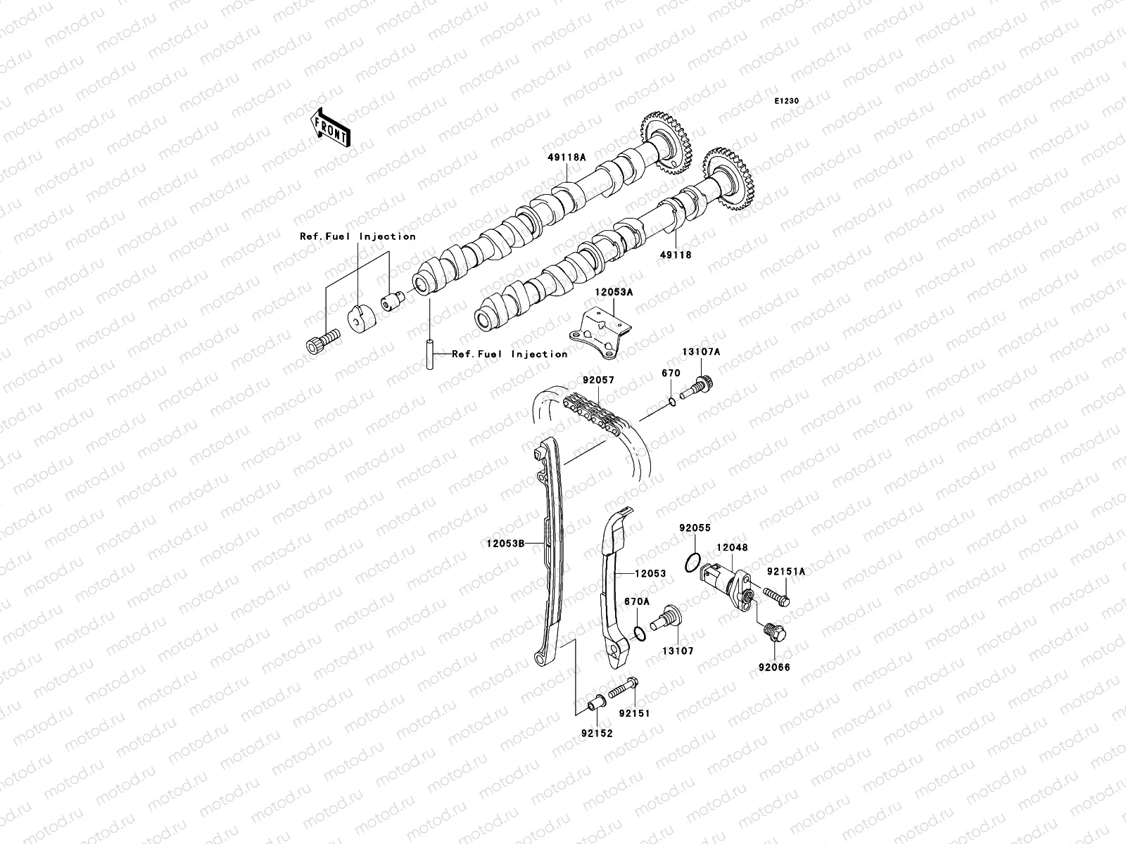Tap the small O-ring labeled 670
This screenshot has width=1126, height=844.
[x=672, y=401]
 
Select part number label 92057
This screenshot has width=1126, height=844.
[x=597, y=380]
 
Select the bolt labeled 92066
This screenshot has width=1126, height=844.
[x=773, y=632]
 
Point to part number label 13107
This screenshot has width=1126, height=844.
[x=676, y=651]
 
